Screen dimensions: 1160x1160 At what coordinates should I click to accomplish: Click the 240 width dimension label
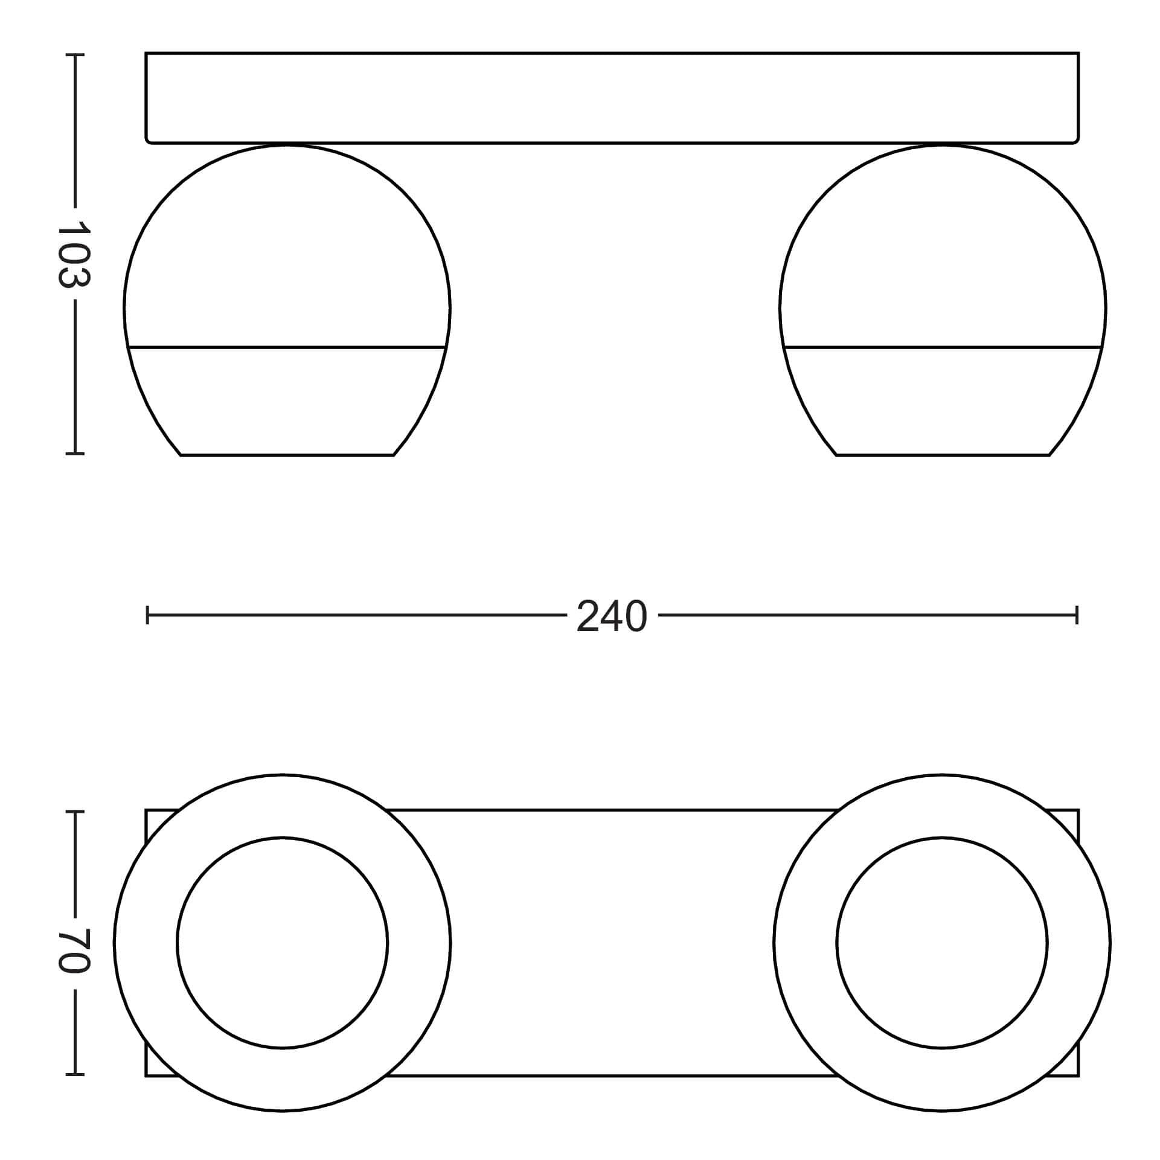tap(612, 617)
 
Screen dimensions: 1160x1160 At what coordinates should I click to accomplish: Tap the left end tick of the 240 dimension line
tap(147, 616)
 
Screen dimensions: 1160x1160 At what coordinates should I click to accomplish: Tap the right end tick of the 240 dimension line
tap(1077, 616)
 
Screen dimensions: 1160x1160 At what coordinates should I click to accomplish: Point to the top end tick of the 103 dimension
tap(75, 55)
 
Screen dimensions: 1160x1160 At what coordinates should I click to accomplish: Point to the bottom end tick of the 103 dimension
tap(75, 452)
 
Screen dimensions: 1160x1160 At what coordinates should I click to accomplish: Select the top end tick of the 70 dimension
tap(75, 812)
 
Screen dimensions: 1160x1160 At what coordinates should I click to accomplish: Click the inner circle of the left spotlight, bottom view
tap(283, 837)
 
